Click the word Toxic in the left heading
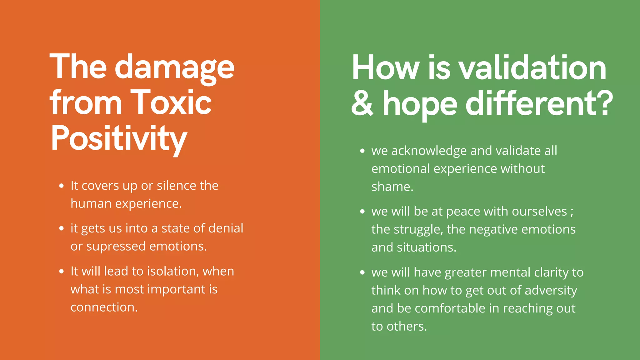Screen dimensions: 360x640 click(171, 102)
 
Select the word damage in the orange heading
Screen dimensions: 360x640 click(175, 67)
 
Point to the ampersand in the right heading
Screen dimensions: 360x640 click(362, 103)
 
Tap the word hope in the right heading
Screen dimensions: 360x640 click(420, 105)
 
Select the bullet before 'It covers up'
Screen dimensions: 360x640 click(62, 186)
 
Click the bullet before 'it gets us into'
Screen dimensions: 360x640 click(62, 229)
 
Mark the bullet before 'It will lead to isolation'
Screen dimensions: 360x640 click(62, 272)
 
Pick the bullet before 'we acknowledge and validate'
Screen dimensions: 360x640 click(362, 151)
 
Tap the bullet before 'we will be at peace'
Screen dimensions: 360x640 click(362, 212)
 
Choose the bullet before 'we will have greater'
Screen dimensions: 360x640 click(362, 273)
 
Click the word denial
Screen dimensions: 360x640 click(226, 228)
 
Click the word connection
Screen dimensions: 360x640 click(104, 307)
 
